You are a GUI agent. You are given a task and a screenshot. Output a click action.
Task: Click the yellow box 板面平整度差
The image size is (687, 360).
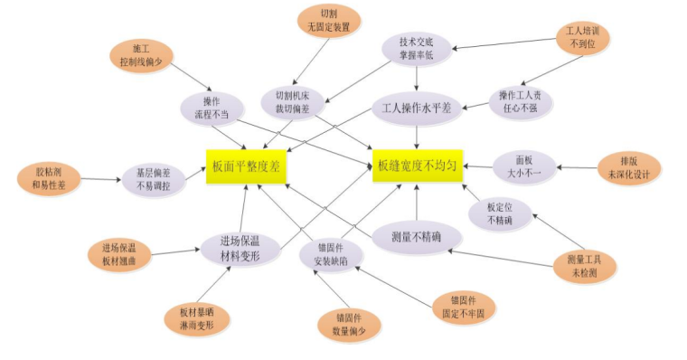pos(245,166)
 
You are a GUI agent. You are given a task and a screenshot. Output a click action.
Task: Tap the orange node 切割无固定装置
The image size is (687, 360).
pos(328,21)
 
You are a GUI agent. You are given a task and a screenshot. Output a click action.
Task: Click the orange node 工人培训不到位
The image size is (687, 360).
pos(583,37)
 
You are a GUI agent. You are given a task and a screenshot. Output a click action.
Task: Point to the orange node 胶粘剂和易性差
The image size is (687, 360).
pos(49,178)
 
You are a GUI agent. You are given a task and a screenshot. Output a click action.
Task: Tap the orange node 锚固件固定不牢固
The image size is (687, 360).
pos(461,307)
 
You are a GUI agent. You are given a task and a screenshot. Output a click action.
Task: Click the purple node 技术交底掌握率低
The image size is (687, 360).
pos(416,48)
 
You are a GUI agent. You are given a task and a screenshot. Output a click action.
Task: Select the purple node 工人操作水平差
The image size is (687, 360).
pos(417,107)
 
